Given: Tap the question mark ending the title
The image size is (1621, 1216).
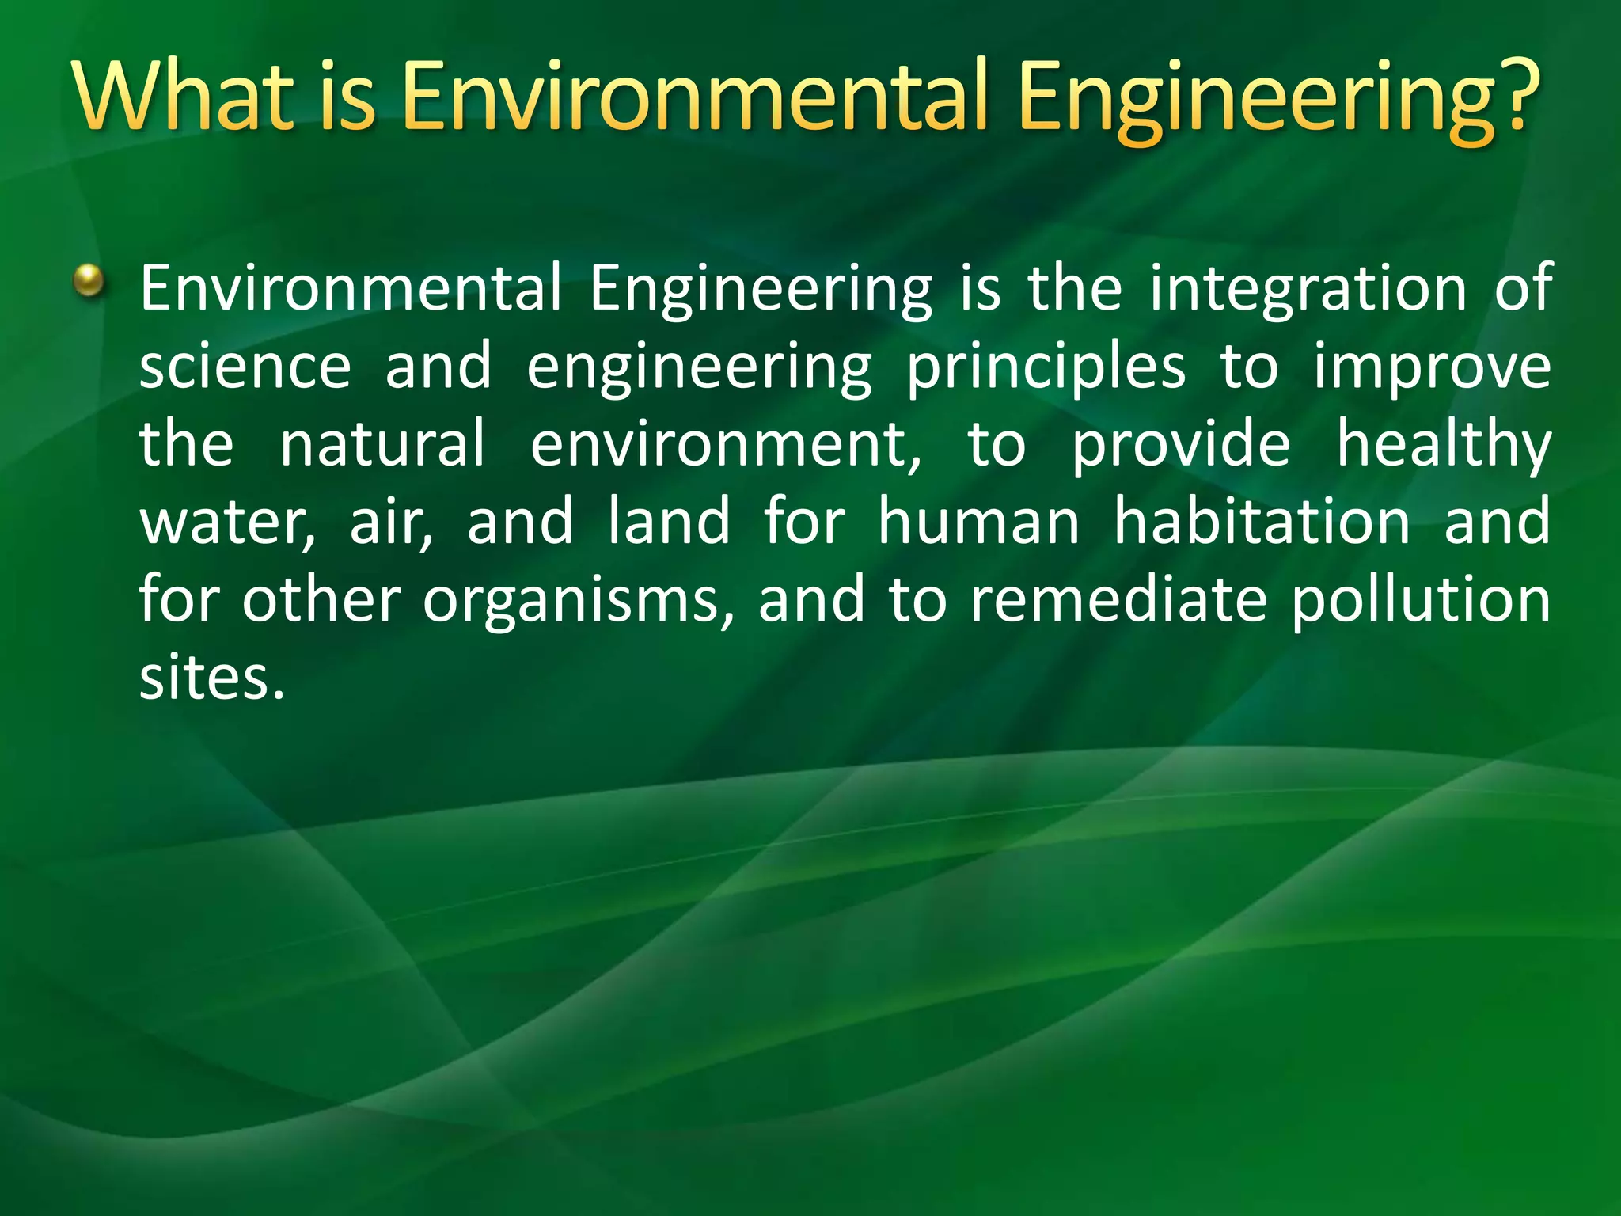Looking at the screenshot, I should (1514, 97).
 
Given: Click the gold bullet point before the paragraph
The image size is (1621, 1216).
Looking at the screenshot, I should (89, 280).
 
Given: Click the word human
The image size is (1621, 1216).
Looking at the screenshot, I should (979, 522).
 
